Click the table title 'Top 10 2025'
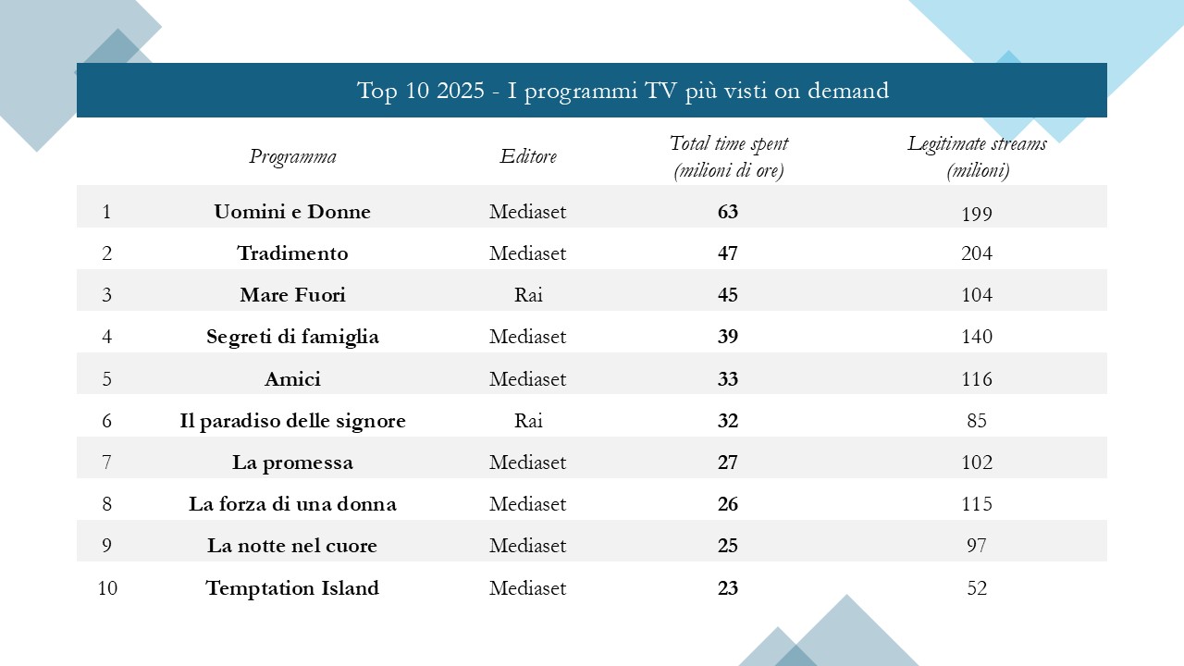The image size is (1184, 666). tap(623, 91)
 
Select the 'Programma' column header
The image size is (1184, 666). tap(292, 156)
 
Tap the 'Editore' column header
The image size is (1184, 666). tap(528, 156)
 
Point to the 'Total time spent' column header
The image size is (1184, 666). tap(729, 157)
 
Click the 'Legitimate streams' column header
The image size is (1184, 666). tap(977, 157)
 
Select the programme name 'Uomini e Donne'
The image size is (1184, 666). tap(292, 212)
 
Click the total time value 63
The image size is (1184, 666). tap(728, 212)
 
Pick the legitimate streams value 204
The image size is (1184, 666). tap(977, 253)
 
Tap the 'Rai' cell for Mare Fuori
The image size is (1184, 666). tap(528, 295)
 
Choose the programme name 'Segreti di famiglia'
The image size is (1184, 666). tap(292, 337)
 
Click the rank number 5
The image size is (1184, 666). tap(107, 379)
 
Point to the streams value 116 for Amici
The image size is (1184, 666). tap(977, 379)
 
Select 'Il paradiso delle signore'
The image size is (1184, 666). tap(292, 421)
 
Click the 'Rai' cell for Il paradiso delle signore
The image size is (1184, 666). tap(528, 421)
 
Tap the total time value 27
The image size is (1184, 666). tap(728, 462)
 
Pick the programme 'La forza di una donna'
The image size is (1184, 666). tap(292, 504)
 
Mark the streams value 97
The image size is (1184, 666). tap(977, 546)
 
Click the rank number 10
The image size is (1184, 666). tap(107, 588)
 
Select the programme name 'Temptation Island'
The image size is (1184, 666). tap(292, 588)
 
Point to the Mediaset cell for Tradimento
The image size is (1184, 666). tap(528, 253)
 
